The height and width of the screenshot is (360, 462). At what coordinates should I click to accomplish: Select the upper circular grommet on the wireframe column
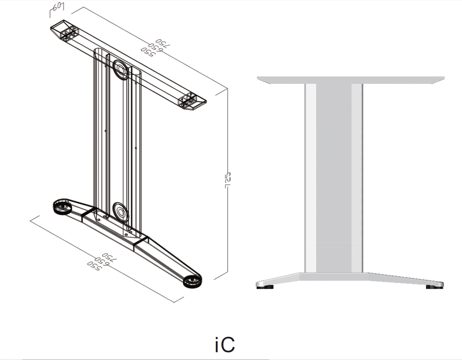click(121, 69)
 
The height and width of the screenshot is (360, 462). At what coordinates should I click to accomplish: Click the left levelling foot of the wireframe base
click(62, 208)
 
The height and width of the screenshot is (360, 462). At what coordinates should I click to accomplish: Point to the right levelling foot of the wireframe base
click(193, 282)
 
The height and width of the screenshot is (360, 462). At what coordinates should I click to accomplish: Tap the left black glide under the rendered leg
click(265, 287)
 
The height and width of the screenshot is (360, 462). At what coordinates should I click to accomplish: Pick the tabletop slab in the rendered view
click(352, 80)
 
